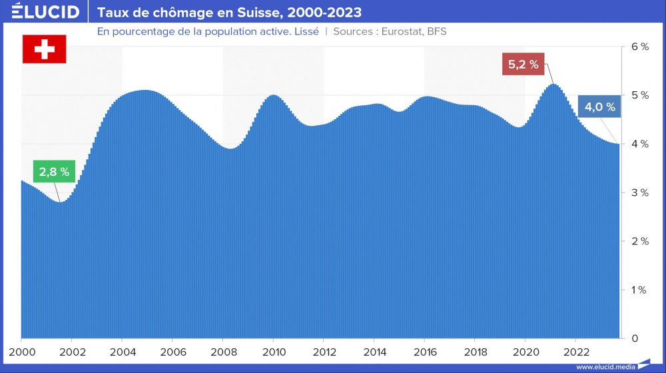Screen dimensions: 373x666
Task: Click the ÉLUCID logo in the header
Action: coord(45,12)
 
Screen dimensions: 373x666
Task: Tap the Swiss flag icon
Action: coord(45,49)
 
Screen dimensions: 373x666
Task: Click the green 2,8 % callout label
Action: coord(55,171)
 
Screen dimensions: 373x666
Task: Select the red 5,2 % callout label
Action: coord(523,65)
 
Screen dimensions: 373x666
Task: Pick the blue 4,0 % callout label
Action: coord(599,107)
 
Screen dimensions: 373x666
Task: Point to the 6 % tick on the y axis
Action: coord(639,47)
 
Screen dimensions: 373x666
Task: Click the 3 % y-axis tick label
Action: coord(639,192)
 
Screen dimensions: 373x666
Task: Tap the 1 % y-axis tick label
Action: coord(639,290)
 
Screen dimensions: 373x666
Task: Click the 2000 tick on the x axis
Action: coord(21,352)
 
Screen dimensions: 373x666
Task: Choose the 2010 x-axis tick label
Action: coord(273,352)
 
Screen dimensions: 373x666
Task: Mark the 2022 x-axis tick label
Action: coord(575,352)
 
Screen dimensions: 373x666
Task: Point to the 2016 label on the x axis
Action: coord(424,352)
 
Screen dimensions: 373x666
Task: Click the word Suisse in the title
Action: coord(260,13)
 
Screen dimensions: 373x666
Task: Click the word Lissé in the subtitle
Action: coord(306,31)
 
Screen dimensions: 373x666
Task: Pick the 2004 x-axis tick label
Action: coord(122,352)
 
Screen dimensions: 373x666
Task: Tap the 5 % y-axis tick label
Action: coord(639,95)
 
